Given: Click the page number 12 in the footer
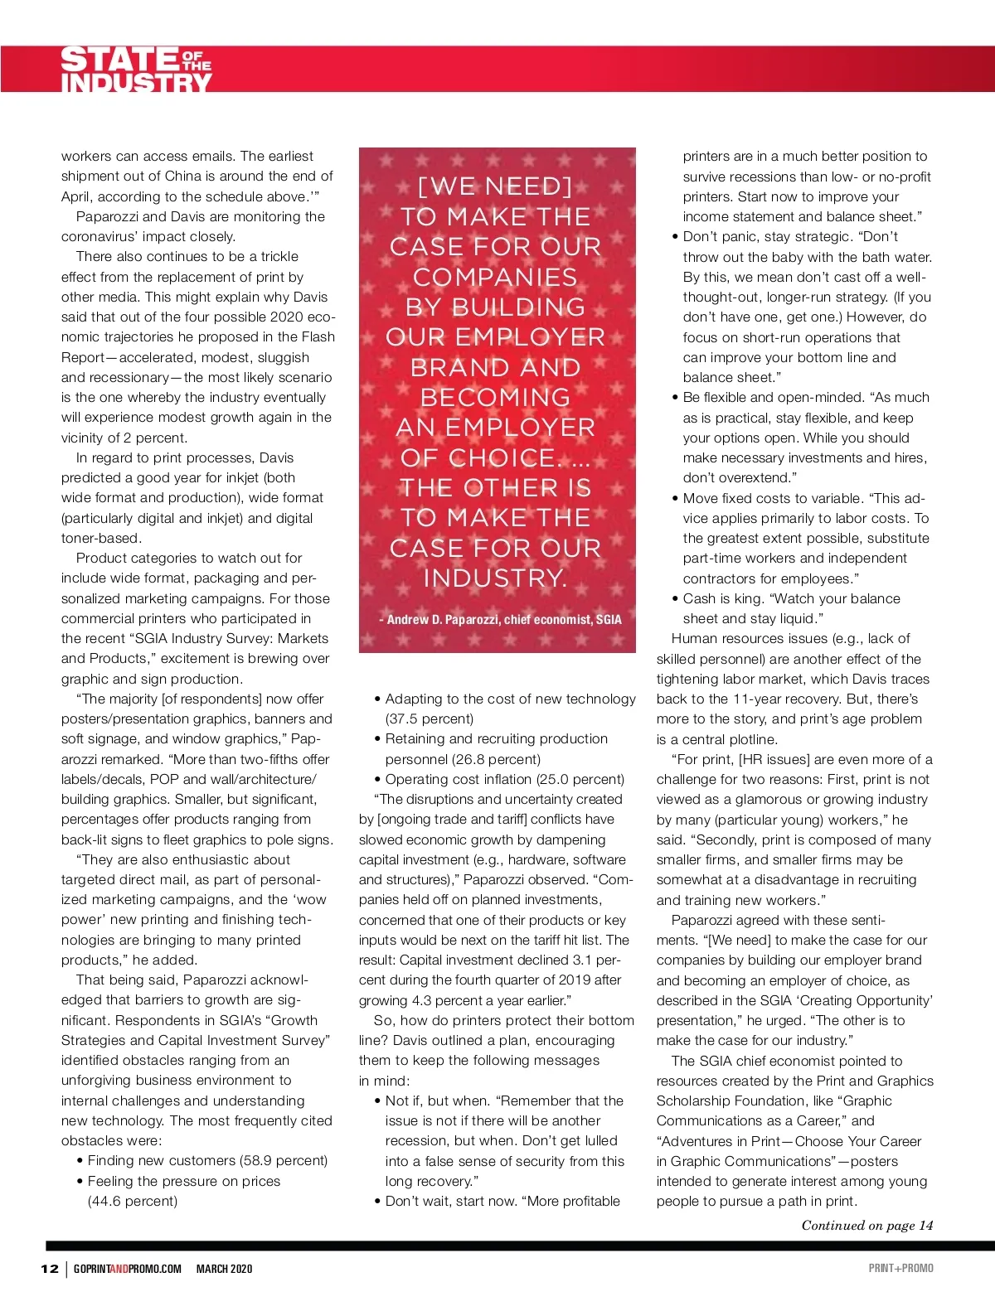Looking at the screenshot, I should coord(50,1269).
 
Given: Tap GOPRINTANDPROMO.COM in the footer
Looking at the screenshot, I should coord(127,1269).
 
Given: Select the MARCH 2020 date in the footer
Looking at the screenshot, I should coord(224,1269).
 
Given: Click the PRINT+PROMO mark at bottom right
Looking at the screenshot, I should coord(900,1268).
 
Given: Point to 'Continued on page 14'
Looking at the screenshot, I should coord(866,1226).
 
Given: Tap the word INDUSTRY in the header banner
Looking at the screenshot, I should coord(136,83).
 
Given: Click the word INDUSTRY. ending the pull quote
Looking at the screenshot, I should coord(495,578).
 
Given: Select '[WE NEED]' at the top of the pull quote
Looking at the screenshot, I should coord(495,186).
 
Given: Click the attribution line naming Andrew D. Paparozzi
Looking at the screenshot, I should coord(499,619).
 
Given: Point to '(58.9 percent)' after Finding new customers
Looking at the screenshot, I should coord(284,1161).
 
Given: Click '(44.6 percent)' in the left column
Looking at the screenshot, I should coord(133,1201).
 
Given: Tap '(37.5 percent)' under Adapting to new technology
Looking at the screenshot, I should coord(430,718).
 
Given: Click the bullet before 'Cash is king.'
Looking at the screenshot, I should coord(676,599).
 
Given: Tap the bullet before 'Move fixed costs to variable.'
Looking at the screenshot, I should coord(676,499).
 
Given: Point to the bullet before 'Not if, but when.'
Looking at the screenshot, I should coord(378,1101).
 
